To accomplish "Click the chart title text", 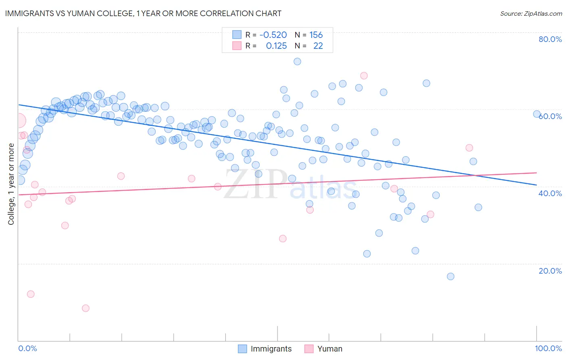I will [x=143, y=13].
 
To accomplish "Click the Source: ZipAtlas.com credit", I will [x=531, y=13].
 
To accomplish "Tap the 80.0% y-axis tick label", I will [x=550, y=39].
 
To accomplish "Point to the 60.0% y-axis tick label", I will [x=550, y=116].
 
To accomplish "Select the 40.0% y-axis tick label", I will [x=550, y=193].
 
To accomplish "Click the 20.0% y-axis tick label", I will [x=550, y=271].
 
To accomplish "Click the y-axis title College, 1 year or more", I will [x=11, y=184].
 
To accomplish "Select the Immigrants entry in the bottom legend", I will [x=265, y=349].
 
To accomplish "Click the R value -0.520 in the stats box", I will [x=273, y=35].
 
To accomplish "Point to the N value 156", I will [x=316, y=35].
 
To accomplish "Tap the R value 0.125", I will [x=276, y=46].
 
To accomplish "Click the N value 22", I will [x=318, y=46].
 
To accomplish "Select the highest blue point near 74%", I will [x=297, y=61].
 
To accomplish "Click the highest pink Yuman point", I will [x=364, y=75].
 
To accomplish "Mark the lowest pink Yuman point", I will [x=85, y=308].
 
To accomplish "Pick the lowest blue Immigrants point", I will [x=450, y=276].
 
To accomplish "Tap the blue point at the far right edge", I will [x=537, y=114].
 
